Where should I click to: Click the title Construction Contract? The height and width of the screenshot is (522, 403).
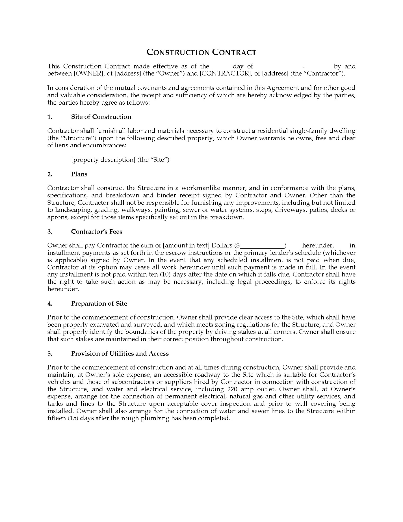[201, 52]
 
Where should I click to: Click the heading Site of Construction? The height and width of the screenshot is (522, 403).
[101, 117]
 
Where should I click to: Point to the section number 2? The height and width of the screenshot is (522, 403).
[50, 174]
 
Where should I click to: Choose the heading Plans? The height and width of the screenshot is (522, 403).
[79, 174]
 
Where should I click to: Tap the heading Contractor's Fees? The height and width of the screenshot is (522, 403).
[96, 232]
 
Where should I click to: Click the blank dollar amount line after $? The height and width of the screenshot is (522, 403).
[262, 246]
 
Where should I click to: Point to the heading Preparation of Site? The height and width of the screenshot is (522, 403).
[99, 303]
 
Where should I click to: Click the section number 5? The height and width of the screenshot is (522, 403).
[50, 353]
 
